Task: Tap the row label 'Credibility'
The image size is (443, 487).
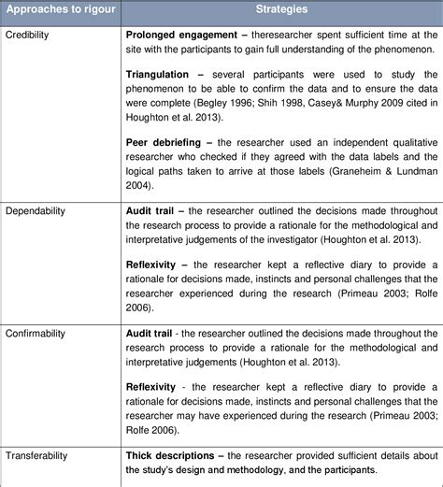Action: [x=27, y=35]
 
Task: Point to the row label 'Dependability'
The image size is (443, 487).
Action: [x=36, y=211]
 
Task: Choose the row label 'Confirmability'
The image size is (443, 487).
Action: [x=37, y=334]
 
